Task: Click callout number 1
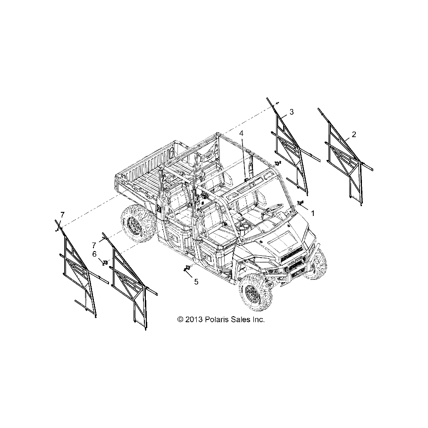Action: click(313, 213)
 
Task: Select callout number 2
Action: click(354, 134)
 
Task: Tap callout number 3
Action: click(292, 112)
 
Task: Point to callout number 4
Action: click(241, 133)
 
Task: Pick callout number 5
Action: click(196, 282)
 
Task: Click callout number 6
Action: click(94, 254)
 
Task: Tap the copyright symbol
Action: click(180, 319)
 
